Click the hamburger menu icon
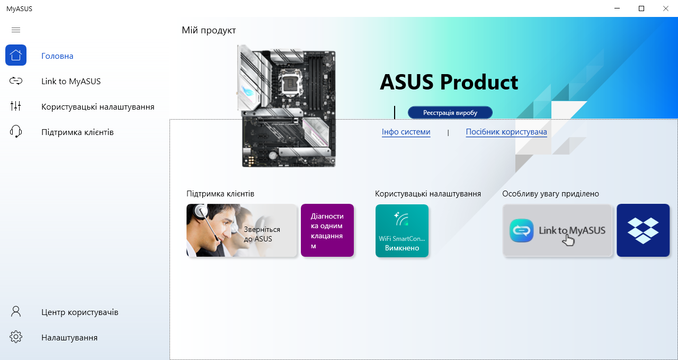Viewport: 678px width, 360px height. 16,30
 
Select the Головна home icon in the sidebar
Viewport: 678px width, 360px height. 16,56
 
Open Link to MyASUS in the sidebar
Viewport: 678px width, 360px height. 71,82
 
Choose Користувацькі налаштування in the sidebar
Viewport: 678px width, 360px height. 97,107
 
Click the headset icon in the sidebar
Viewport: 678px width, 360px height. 16,132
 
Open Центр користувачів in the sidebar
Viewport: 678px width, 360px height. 79,312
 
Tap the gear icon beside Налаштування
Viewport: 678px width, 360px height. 16,337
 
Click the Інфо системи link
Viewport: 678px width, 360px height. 406,132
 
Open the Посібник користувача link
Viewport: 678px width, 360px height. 506,132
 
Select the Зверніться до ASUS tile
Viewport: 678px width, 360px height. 242,230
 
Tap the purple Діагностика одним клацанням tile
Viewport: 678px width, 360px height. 327,230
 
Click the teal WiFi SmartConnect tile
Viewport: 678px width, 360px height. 402,230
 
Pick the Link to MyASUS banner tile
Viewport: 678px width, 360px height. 557,230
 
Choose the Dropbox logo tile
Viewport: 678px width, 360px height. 643,230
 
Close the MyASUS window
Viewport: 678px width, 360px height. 665,8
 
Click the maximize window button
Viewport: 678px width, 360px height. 641,8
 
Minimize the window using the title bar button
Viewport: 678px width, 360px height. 617,8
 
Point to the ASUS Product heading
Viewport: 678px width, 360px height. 449,82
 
